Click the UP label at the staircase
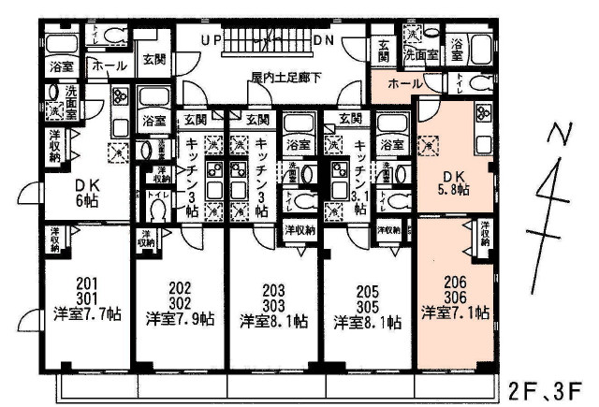(211, 42)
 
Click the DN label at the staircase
(324, 42)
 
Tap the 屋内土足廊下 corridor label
(284, 77)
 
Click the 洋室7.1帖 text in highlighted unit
(455, 313)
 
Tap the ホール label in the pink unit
(404, 84)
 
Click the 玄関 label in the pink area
(385, 50)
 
